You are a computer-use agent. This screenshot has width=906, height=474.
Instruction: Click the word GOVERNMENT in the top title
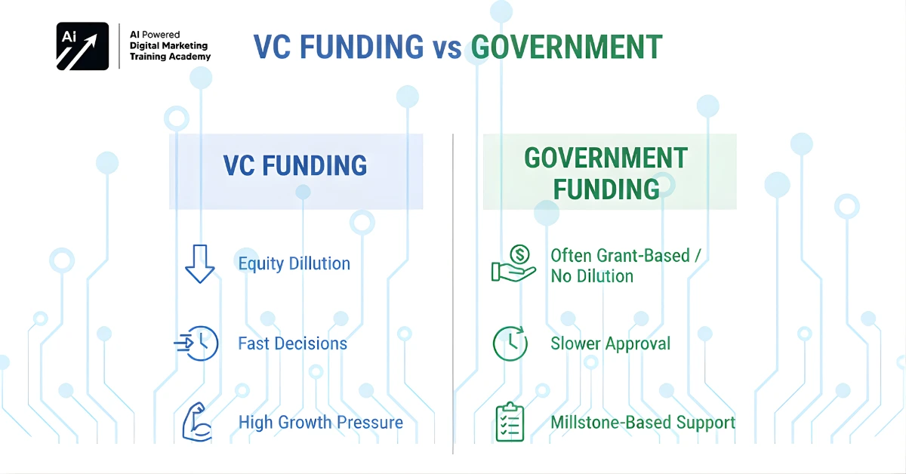[x=566, y=47]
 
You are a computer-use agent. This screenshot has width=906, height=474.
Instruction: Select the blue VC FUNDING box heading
[x=295, y=166]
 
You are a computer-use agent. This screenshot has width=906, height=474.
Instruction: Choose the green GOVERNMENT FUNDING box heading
[x=606, y=173]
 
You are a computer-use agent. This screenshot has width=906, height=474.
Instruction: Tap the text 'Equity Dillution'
[x=294, y=263]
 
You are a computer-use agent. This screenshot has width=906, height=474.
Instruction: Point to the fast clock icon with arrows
[x=197, y=343]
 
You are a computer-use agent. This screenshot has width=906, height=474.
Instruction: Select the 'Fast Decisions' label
[x=293, y=343]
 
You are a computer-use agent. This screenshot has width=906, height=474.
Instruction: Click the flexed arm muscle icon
[x=197, y=422]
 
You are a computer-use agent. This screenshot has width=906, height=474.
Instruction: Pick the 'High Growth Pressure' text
[x=321, y=422]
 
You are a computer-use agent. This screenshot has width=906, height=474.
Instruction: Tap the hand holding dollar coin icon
[x=513, y=264]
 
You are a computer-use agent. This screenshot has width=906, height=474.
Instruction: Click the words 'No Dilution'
[x=592, y=276]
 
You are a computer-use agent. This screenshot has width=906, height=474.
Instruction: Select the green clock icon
[x=510, y=343]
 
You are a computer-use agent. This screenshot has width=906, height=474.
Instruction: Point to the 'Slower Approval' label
[x=611, y=343]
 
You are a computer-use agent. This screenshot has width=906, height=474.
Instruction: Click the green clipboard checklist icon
[x=510, y=422]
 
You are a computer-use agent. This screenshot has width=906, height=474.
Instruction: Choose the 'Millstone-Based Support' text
[x=643, y=422]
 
